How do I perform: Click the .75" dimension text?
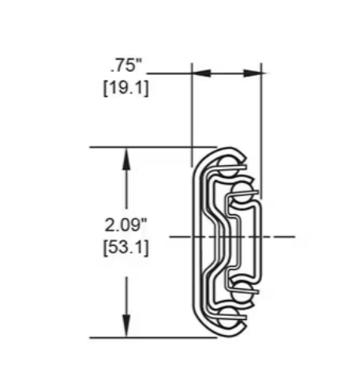tap(126, 66)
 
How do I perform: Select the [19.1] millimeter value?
tap(126, 88)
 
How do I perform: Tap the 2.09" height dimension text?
tap(126, 225)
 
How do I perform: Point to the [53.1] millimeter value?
tap(126, 248)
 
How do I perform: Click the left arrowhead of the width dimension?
tap(202, 73)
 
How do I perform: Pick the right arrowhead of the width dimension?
tap(252, 73)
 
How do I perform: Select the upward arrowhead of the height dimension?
tap(126, 159)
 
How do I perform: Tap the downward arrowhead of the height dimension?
tap(126, 325)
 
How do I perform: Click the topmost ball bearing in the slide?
tap(227, 167)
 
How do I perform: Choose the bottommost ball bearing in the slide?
tap(227, 318)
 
